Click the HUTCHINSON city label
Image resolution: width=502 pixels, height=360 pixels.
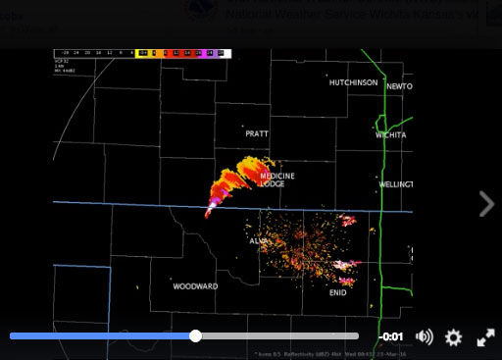click(x=353, y=82)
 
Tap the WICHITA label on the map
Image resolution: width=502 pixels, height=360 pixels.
click(x=391, y=134)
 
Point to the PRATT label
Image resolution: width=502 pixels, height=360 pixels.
click(x=257, y=133)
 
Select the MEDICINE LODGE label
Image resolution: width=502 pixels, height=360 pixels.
click(x=276, y=180)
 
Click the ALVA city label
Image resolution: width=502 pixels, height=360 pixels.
click(x=258, y=240)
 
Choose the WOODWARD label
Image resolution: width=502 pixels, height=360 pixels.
click(x=195, y=286)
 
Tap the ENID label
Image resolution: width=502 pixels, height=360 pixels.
click(x=337, y=292)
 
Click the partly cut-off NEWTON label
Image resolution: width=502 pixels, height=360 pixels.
click(x=399, y=86)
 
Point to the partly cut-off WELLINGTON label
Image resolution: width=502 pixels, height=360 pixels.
click(x=396, y=183)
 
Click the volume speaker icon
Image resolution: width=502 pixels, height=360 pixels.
click(x=425, y=336)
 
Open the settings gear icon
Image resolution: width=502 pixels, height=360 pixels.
click(x=453, y=336)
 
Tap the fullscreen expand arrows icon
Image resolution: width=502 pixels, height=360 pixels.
click(x=485, y=336)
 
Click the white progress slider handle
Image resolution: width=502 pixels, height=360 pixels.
click(x=196, y=335)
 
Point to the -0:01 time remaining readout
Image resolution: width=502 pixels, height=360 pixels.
click(x=392, y=336)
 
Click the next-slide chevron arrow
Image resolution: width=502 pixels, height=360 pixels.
click(x=486, y=203)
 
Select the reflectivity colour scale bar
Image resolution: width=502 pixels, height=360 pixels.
click(x=180, y=52)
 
